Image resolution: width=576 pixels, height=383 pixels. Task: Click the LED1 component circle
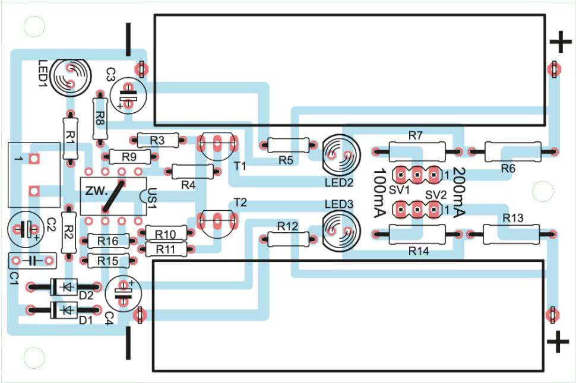click(x=70, y=75)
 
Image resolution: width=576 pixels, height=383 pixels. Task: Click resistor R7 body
click(x=416, y=151)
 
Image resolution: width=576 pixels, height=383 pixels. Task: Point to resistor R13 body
click(x=511, y=234)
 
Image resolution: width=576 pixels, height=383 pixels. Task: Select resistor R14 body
click(x=416, y=235)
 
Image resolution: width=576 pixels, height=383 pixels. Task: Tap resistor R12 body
click(x=287, y=239)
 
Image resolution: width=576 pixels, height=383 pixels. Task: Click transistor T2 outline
click(x=217, y=222)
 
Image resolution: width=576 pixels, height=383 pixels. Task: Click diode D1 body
click(x=64, y=309)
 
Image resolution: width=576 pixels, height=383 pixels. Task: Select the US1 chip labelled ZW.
click(x=113, y=195)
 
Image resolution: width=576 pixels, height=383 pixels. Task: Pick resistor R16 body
click(x=108, y=241)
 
